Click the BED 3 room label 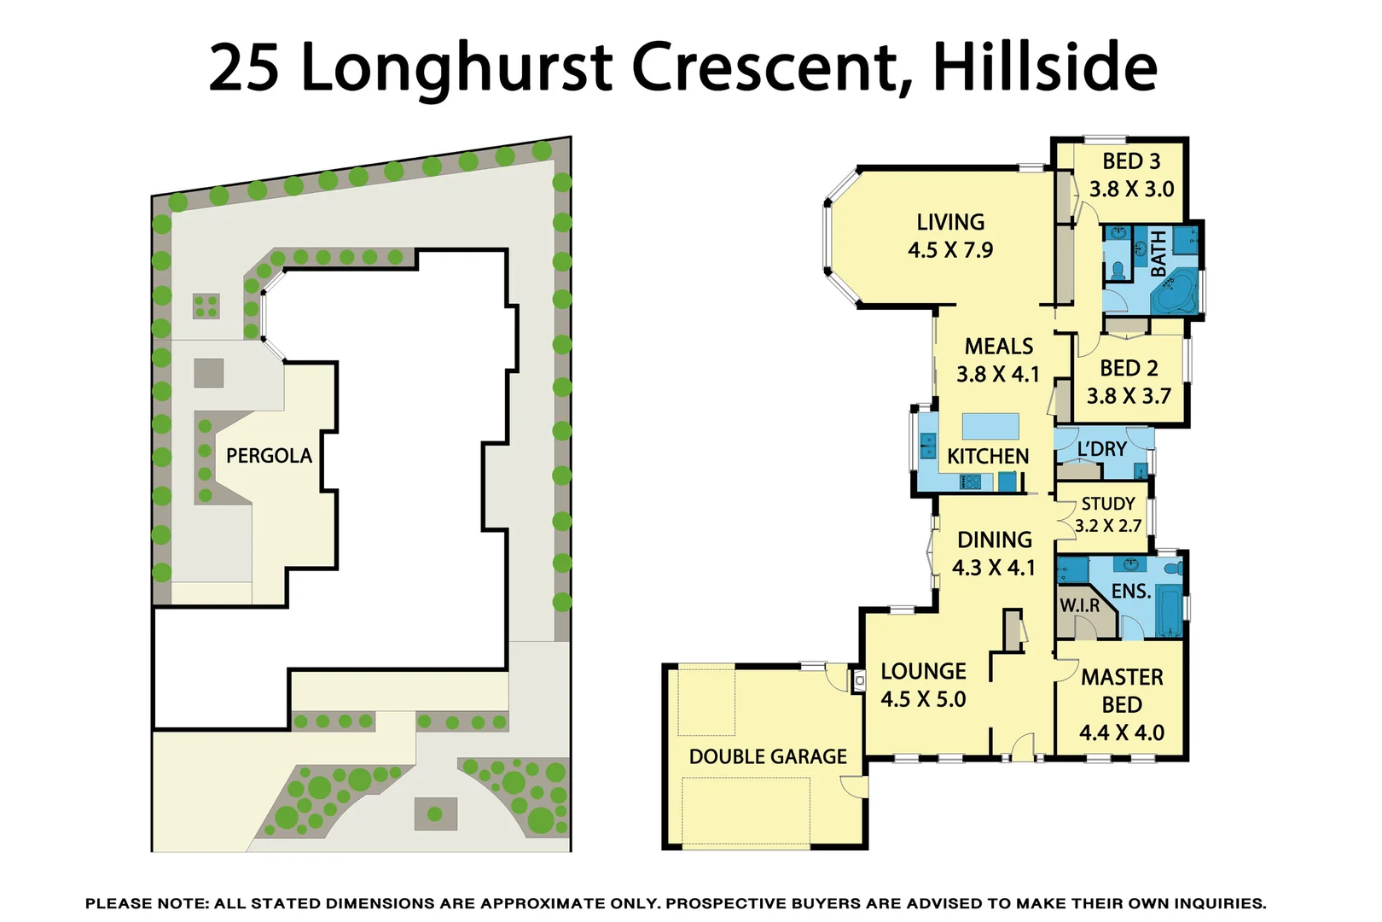1131,161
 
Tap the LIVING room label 950,222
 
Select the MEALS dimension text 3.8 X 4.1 997,375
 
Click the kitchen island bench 990,426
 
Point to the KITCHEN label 988,457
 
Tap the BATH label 1158,254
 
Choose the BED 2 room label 1129,368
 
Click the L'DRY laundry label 1101,449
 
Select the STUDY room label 1108,504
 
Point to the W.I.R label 1080,605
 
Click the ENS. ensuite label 1130,591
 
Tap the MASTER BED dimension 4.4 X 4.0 1121,732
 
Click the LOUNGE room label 923,672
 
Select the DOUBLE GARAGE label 768,757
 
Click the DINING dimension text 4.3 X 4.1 993,568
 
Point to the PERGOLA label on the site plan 269,456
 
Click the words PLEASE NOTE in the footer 146,903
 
